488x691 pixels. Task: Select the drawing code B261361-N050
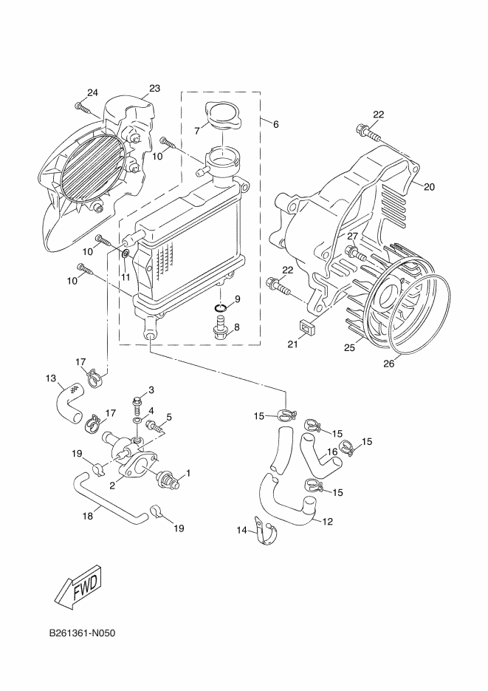[83, 634]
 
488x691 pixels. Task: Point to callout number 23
[154, 89]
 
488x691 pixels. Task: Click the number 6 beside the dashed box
[275, 124]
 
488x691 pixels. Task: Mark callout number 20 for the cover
[429, 187]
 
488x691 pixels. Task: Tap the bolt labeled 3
[138, 403]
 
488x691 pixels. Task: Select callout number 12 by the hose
[328, 522]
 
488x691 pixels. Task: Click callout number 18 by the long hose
[87, 517]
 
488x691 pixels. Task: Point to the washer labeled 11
[126, 255]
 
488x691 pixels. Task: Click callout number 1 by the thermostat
[188, 472]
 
